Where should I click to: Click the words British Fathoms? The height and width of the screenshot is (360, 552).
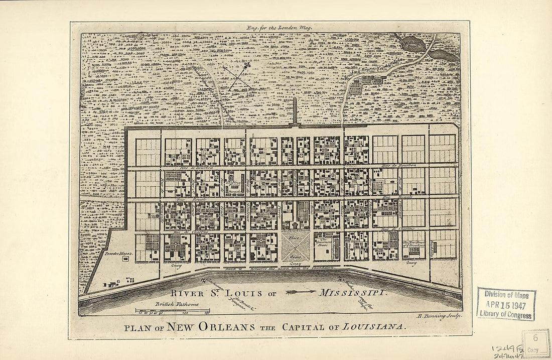coord(176,304)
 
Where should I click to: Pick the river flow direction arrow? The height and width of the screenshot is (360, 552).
coord(301,291)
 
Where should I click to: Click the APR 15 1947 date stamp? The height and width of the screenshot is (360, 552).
coord(506,304)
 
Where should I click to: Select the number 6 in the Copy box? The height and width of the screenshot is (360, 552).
coord(535,338)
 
